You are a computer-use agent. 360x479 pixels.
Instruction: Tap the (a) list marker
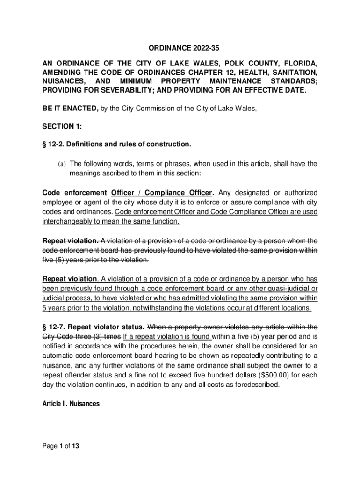(x=62, y=164)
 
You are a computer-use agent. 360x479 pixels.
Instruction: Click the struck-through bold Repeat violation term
(x=70, y=241)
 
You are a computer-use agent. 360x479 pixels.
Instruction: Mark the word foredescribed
(x=256, y=385)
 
